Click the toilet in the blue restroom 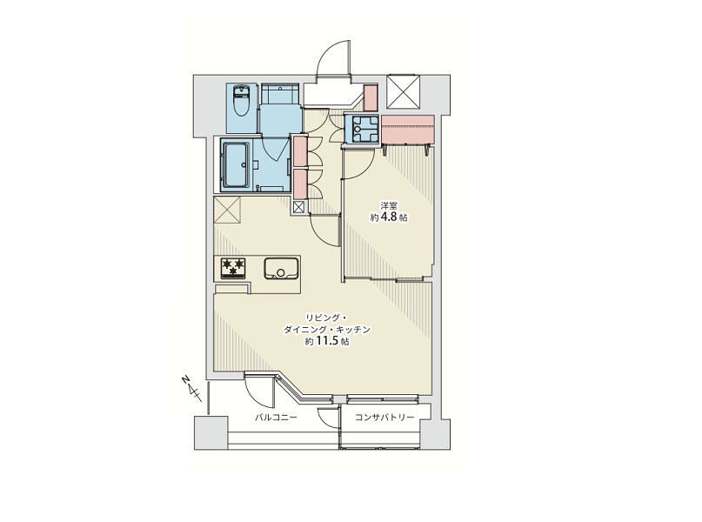click(x=242, y=100)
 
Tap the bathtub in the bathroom click(x=236, y=164)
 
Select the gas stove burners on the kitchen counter click(x=233, y=268)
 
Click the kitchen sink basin click(x=281, y=268)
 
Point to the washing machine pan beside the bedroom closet click(x=362, y=129)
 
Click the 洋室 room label click(x=389, y=206)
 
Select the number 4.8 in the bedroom click(x=389, y=217)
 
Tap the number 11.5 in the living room click(x=326, y=341)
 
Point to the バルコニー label click(x=276, y=418)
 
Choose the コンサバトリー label click(x=384, y=418)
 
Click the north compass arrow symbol click(x=191, y=388)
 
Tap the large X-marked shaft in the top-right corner click(x=404, y=91)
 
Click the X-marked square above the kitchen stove click(x=227, y=210)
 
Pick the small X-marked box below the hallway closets click(x=298, y=207)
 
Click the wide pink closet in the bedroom click(x=408, y=129)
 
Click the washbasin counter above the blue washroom click(x=280, y=94)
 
